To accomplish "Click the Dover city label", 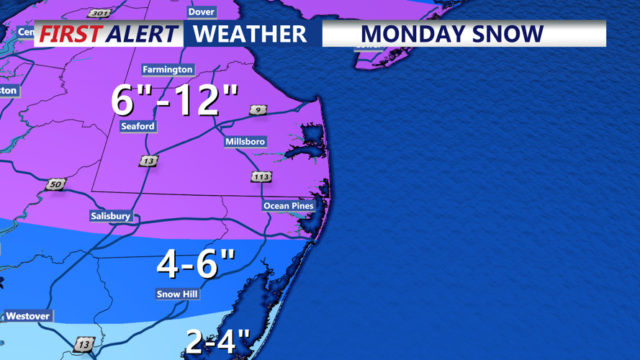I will tap(201, 12).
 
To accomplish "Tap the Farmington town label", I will tap(168, 70).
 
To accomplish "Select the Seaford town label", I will tap(138, 126).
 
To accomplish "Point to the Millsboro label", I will tap(245, 142).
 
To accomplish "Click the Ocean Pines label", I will tap(289, 206).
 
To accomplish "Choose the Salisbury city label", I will tap(111, 216).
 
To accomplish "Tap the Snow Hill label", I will tap(177, 294).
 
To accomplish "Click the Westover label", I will tap(28, 316).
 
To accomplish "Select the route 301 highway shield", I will tap(99, 13).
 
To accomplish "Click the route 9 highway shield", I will tap(258, 110).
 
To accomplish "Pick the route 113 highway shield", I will tap(261, 176).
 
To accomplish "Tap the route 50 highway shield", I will tap(55, 185).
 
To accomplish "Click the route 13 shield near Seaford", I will tap(148, 161).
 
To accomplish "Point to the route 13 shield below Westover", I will tap(84, 345).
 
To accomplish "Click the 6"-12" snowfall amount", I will tap(175, 99).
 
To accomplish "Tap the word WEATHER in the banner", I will tap(250, 34).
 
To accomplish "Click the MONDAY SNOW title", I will tap(451, 34).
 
